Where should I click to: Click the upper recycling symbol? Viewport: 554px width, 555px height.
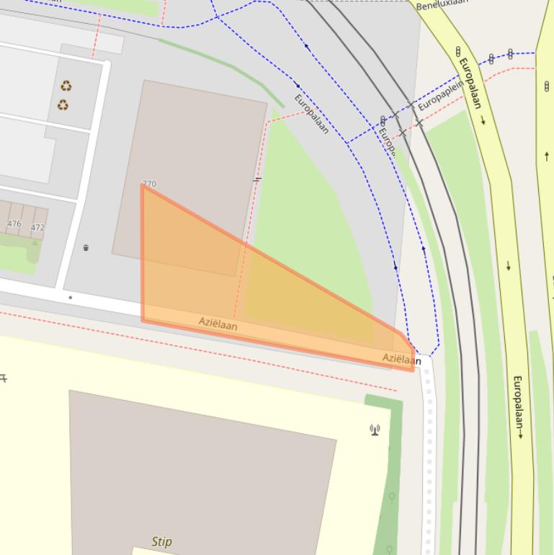(x=66, y=86)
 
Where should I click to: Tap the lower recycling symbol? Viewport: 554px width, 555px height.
(x=63, y=105)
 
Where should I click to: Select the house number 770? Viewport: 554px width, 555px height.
(x=149, y=184)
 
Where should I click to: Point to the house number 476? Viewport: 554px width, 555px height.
(x=14, y=223)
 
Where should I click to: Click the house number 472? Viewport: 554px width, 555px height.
(x=37, y=227)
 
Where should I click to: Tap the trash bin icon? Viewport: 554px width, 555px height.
(x=86, y=248)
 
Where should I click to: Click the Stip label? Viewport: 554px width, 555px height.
(x=162, y=541)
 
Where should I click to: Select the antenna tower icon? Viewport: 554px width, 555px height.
(x=375, y=430)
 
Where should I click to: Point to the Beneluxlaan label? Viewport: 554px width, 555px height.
(x=442, y=3)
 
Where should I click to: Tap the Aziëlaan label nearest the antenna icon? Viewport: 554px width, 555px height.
(x=401, y=358)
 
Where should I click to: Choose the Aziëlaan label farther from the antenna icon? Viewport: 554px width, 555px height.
(x=218, y=325)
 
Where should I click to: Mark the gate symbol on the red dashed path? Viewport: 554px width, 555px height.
(x=256, y=179)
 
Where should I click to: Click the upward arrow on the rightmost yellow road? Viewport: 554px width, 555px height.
(x=547, y=156)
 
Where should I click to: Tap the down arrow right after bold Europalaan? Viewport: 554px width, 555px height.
(x=483, y=120)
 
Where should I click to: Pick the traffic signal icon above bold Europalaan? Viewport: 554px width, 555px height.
(x=458, y=52)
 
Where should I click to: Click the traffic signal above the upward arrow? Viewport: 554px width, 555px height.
(x=547, y=86)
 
